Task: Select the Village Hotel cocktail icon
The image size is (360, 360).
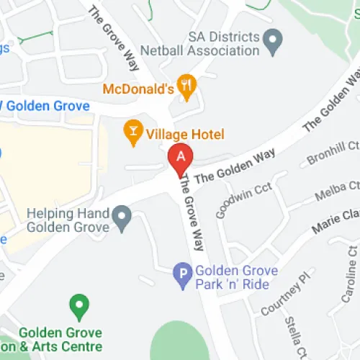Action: (132, 131)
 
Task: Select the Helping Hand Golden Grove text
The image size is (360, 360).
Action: (68, 220)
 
